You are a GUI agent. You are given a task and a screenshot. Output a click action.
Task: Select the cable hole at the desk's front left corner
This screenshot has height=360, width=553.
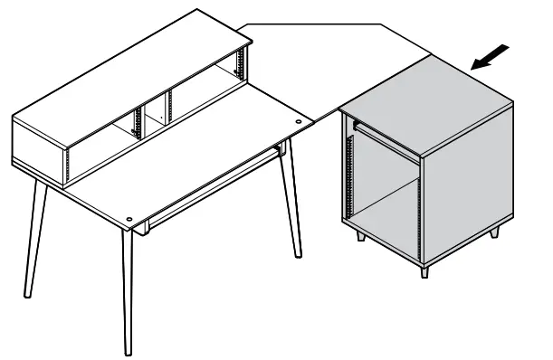tap(132, 219)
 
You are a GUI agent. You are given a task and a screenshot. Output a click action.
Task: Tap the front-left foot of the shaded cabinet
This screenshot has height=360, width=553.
tap(361, 236)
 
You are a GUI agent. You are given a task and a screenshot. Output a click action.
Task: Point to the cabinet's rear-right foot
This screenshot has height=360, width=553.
tap(494, 232)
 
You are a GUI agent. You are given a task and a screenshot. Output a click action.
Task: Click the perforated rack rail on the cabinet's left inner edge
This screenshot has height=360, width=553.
tap(349, 172)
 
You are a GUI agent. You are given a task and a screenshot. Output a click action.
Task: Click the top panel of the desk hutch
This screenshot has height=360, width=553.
tap(127, 77)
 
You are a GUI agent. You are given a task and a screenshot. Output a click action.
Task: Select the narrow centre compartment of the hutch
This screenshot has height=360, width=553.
tap(152, 115)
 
